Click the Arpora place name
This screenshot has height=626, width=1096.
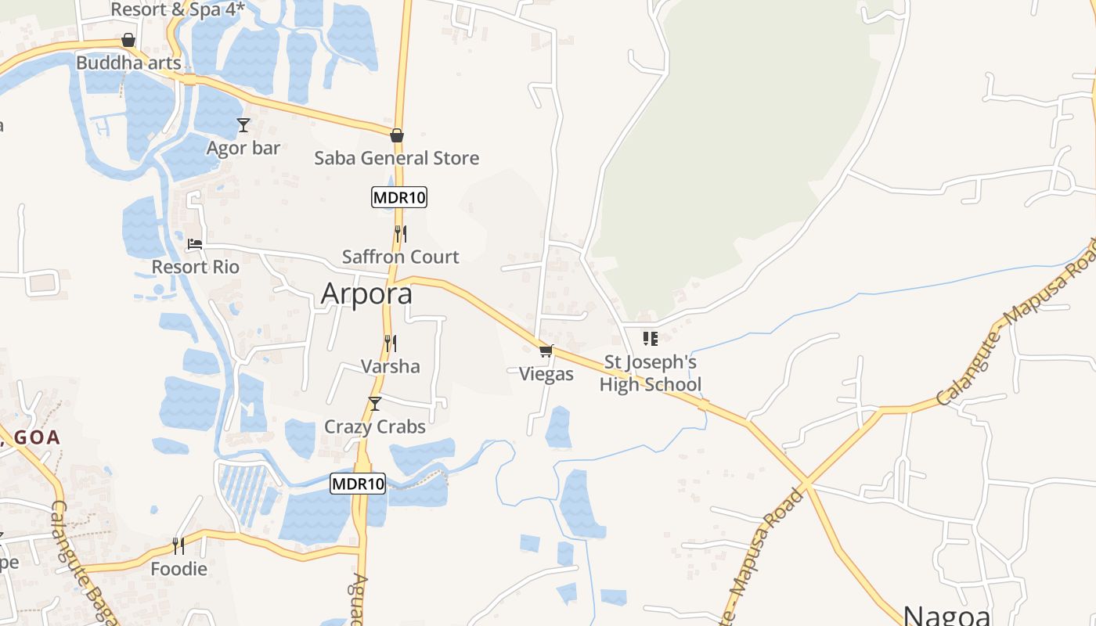(x=366, y=293)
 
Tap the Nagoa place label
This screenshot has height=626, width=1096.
(x=947, y=614)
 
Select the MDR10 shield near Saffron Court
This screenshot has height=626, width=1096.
(x=399, y=197)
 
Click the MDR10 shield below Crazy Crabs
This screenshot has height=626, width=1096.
(x=358, y=484)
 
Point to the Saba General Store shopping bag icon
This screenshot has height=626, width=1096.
(x=397, y=135)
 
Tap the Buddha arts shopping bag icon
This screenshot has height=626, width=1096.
(x=128, y=40)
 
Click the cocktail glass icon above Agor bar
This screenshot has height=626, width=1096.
(x=243, y=125)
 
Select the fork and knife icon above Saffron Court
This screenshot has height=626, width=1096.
(x=400, y=233)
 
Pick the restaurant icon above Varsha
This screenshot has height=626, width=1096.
(x=390, y=343)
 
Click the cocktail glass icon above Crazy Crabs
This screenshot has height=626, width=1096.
(x=375, y=404)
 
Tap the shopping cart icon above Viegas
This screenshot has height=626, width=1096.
(x=546, y=351)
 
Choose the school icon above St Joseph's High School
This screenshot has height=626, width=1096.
(x=650, y=338)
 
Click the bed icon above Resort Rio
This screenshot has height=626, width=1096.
(x=195, y=244)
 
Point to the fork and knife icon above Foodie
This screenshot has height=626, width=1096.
(x=178, y=545)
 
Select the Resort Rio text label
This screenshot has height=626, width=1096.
(x=195, y=267)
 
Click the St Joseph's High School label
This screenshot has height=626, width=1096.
(x=650, y=373)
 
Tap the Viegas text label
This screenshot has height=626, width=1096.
(x=546, y=374)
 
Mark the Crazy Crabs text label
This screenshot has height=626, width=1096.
(x=375, y=426)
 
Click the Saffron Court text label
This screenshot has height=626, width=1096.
(x=400, y=257)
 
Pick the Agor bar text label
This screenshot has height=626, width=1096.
(x=243, y=148)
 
